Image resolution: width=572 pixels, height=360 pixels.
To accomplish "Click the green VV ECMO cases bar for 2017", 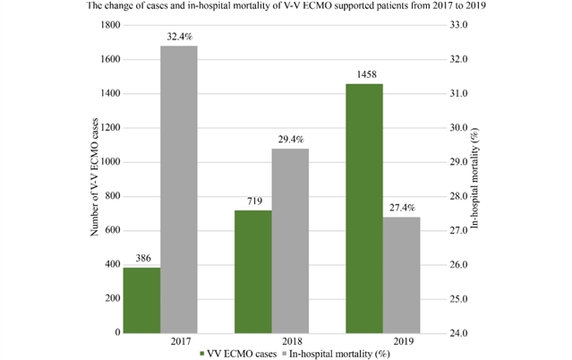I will coord(141,300).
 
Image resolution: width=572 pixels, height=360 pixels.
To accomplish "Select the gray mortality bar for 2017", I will coord(179,189).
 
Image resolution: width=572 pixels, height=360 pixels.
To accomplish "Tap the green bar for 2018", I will coord(253,271).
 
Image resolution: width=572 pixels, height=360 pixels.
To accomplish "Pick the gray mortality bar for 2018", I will coord(290,240).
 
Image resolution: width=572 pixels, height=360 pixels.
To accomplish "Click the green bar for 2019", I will coord(364,208).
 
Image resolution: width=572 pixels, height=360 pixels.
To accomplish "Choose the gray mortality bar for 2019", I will coord(401,274).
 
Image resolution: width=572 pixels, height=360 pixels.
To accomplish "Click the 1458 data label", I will coord(364,76).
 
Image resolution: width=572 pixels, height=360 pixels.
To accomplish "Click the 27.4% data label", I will coord(401,209).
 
